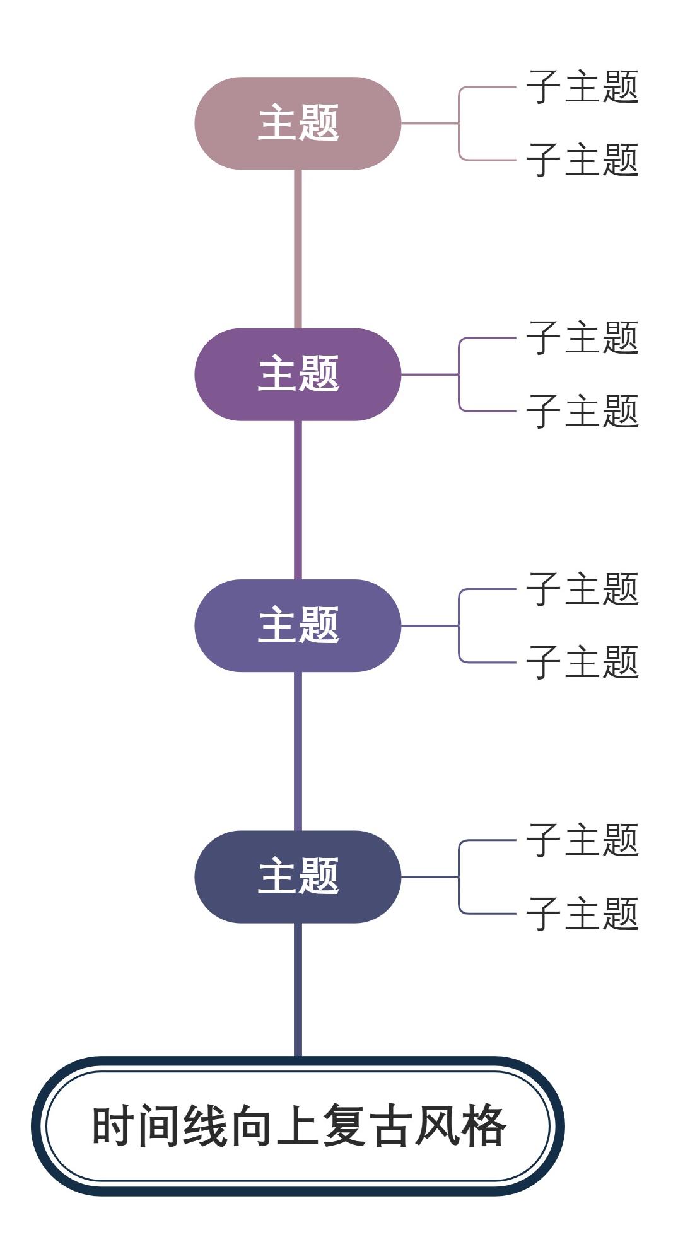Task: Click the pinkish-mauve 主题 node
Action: [298, 124]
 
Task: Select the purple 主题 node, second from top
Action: [298, 374]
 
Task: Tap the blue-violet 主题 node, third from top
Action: [298, 625]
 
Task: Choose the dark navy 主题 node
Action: [298, 876]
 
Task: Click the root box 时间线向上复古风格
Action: [298, 1126]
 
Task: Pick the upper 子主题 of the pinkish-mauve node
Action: [582, 87]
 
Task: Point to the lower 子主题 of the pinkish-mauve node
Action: [582, 159]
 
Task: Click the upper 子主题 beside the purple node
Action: [582, 338]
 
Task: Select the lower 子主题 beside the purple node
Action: [582, 411]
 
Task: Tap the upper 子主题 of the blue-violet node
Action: [582, 589]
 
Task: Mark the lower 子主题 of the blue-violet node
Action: [582, 662]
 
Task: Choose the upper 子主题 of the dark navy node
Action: [582, 840]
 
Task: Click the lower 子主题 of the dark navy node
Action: [582, 913]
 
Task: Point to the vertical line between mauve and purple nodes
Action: [298, 249]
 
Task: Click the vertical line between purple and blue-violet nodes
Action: [298, 500]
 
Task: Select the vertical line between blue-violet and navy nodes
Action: [298, 751]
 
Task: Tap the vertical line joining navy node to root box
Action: [298, 990]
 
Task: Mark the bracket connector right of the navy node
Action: [459, 876]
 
